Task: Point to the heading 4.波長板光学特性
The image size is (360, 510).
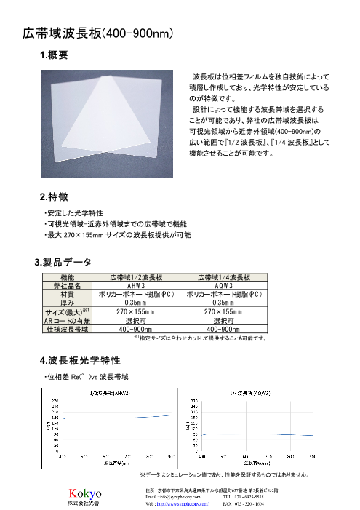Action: pos(79,361)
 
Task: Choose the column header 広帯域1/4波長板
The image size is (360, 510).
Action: pos(224,278)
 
